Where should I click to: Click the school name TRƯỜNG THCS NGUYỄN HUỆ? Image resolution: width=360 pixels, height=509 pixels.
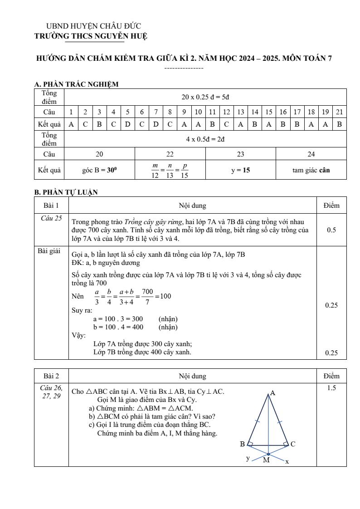pos(91,36)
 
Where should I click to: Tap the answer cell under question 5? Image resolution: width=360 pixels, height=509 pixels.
pos(128,124)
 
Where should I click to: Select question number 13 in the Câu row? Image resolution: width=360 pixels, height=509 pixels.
pos(241,112)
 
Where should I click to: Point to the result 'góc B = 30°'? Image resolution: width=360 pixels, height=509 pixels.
pos(99,171)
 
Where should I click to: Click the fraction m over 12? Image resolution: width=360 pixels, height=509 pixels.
pos(155,171)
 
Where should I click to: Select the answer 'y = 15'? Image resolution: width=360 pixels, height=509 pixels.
pos(240,171)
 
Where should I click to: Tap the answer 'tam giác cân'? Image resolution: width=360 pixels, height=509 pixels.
pos(311,171)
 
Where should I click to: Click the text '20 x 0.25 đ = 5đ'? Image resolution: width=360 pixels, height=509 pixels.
pos(205,97)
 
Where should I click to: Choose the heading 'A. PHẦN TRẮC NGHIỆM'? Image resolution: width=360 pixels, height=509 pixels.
pos(76,84)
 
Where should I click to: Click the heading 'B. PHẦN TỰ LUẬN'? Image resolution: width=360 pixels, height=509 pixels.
pos(66,192)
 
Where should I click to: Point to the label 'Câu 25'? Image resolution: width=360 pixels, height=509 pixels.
pos(51,218)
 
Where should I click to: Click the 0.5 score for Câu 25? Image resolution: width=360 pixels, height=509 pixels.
pos(331,230)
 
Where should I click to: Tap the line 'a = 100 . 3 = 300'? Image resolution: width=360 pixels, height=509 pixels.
pos(118,319)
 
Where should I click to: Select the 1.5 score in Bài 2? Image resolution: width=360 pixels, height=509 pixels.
pos(331,388)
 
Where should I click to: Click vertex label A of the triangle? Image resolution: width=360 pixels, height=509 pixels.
pos(272,393)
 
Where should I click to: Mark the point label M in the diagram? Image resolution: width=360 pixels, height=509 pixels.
pos(266,460)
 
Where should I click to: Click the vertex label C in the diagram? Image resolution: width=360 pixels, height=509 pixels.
pos(293,444)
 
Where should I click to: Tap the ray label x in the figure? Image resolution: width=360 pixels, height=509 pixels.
pos(287,461)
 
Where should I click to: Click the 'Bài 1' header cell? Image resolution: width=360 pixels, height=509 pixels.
pos(51,206)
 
